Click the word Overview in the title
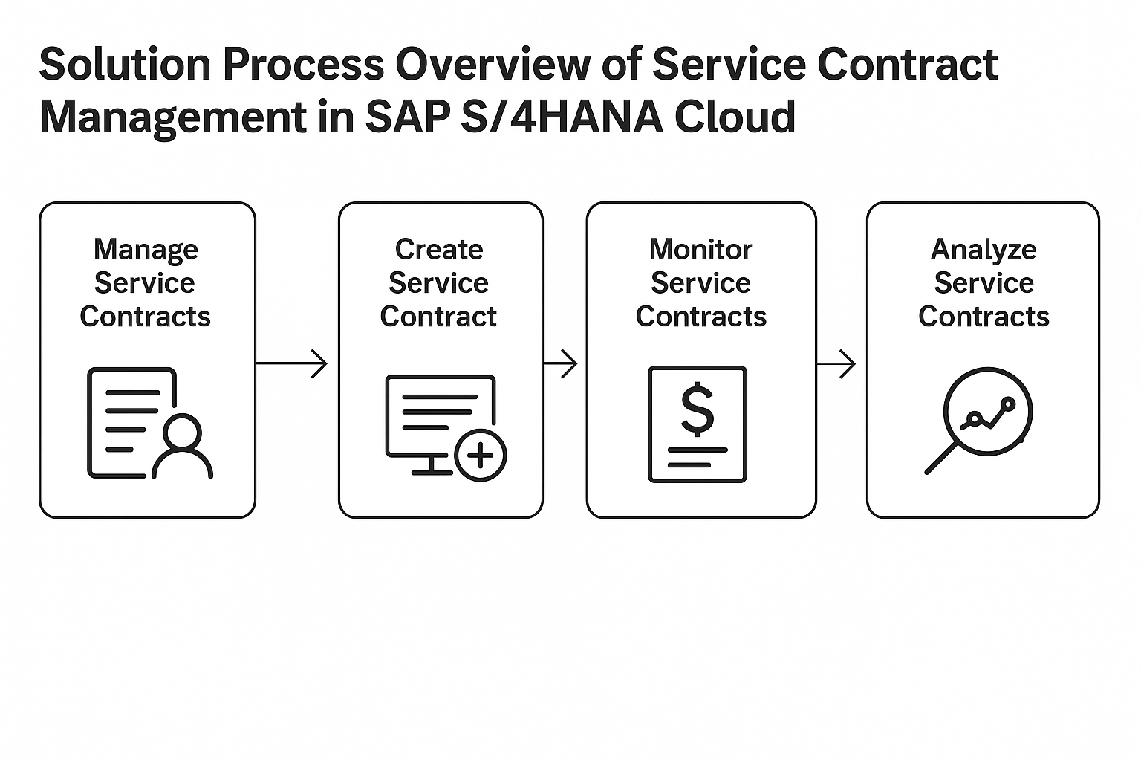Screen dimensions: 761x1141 point(519,65)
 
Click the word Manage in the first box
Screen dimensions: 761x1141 point(146,250)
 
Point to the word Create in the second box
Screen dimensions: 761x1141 point(439,249)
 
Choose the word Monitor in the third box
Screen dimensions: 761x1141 point(700,249)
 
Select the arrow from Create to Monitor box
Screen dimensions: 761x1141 point(561,363)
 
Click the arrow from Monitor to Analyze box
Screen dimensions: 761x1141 point(837,363)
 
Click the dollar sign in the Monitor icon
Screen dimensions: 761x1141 point(698,409)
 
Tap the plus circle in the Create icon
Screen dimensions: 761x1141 point(480,456)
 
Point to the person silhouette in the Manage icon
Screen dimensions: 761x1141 point(183,448)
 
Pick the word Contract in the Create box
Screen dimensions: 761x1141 point(438,317)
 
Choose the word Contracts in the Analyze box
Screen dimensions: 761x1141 point(984,317)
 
